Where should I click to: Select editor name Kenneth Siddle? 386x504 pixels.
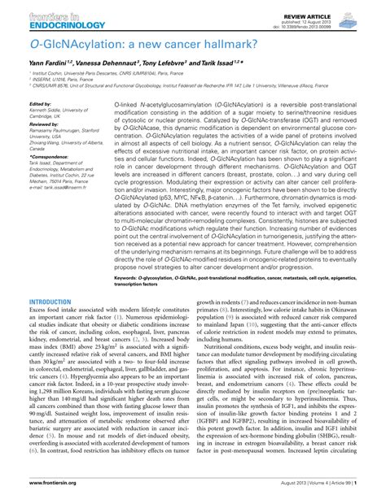pyautogui.click(x=52, y=111)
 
